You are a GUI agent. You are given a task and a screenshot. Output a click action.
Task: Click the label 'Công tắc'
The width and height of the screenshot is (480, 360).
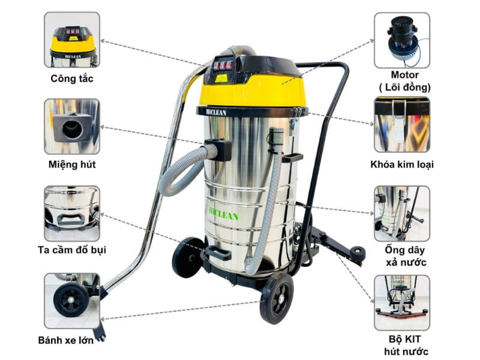72,79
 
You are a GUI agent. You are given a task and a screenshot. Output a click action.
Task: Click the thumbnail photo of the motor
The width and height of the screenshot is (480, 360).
401,40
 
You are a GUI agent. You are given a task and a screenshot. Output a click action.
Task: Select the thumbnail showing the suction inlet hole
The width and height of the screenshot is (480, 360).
72,127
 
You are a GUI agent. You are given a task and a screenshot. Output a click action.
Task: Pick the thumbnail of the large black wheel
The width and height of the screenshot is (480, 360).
72,300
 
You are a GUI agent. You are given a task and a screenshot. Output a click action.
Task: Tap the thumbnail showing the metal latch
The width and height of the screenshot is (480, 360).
401,127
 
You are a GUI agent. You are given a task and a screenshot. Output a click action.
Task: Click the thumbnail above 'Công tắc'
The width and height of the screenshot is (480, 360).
72,40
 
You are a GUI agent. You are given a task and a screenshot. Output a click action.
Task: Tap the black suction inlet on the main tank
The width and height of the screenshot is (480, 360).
218,149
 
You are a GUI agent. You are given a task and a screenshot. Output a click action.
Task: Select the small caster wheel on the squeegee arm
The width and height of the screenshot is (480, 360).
358,254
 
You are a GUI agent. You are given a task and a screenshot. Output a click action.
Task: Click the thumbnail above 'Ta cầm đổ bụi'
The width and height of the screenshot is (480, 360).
72,213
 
